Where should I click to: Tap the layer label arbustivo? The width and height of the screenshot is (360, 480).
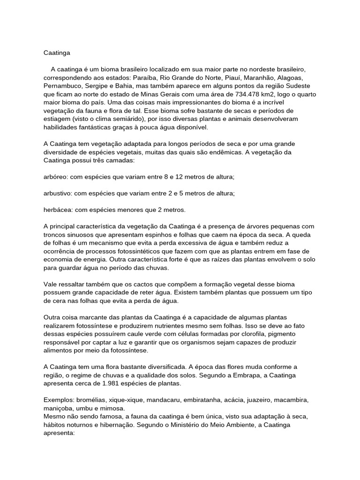59,193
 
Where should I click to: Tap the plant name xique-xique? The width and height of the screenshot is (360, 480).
126,400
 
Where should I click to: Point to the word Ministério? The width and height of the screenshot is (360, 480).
195,425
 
